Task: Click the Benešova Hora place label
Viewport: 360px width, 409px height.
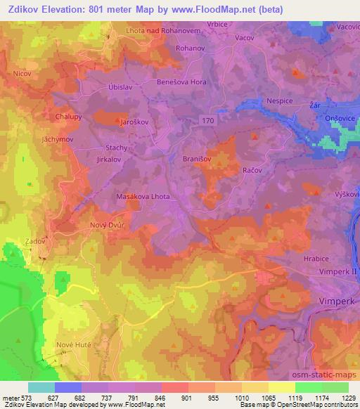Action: tap(181, 83)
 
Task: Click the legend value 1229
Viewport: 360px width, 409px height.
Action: tap(349, 396)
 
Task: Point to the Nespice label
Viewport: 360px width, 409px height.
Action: tap(279, 101)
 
